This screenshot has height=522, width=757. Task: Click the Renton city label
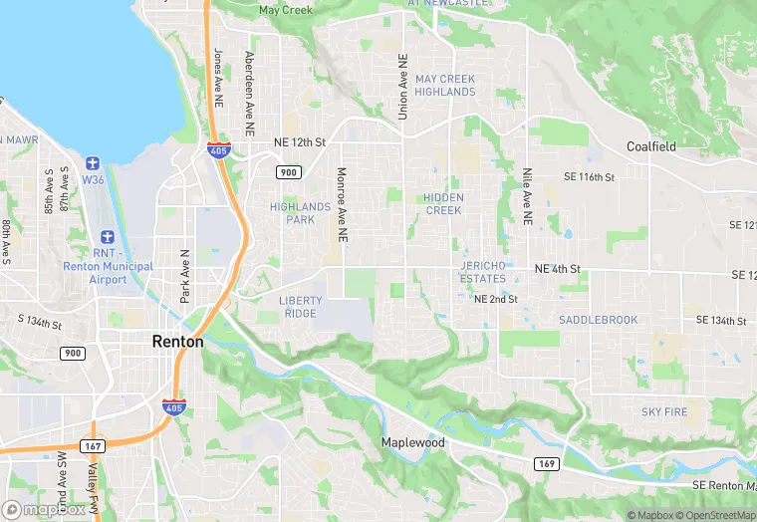coord(177,341)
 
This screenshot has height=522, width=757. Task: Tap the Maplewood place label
coord(412,441)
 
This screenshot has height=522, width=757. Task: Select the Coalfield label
coord(651,146)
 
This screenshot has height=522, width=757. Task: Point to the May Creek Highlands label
coord(445,85)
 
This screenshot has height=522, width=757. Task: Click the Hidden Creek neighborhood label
coord(443,204)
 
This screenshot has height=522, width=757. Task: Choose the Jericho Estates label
coord(484,272)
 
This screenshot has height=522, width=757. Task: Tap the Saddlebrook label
coord(598,320)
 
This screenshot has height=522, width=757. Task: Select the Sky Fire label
coord(664,411)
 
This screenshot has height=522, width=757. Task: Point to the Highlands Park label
coord(300,213)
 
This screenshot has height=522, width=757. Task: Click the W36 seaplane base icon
coord(93,163)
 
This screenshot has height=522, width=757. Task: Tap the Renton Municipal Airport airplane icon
coord(108,240)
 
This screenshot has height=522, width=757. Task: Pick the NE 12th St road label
coord(300,142)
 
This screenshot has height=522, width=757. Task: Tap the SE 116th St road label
coord(590,176)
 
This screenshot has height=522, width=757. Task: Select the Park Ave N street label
coord(184,277)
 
